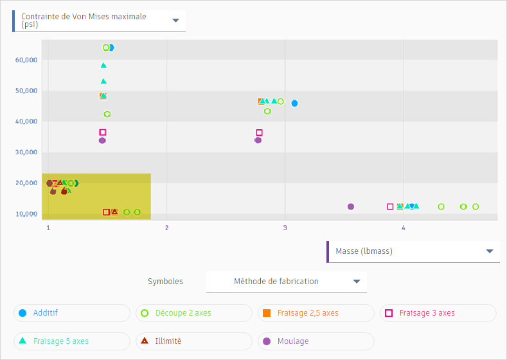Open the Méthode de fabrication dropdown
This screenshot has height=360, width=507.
coord(287,282)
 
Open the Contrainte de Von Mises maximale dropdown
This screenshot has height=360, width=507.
coord(100,21)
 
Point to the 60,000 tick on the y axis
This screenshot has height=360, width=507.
coord(26,60)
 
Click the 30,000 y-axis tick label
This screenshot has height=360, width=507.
coord(26,152)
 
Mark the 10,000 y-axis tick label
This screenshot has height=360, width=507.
coord(26,214)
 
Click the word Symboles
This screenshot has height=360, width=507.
coord(165,282)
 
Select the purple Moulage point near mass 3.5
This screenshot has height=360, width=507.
coord(351,206)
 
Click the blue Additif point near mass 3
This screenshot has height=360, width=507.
coord(294,104)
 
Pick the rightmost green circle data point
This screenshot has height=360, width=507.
coord(476,206)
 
